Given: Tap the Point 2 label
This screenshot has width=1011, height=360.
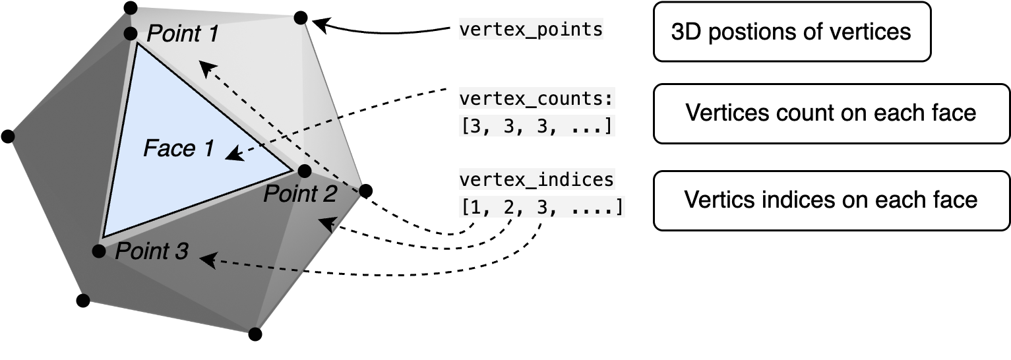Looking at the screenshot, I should point(300,194).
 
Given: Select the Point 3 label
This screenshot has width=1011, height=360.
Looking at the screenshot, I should point(152,251).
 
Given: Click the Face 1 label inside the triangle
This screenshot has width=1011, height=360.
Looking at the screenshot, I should point(179,149).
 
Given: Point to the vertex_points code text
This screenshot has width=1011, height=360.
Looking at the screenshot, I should point(531,30).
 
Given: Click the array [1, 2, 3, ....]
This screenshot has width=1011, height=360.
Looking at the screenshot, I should point(541,207).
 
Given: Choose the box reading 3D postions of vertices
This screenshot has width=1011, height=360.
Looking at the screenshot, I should point(791,32).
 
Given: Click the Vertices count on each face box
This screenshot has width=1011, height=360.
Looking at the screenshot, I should point(831,113).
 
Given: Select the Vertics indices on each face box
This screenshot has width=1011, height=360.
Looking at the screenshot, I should point(831,200).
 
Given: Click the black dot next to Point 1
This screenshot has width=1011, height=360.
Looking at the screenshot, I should point(131,34).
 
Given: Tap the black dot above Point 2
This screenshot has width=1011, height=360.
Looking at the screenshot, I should point(304,171).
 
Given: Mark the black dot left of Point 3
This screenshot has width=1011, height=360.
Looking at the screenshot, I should point(99,251).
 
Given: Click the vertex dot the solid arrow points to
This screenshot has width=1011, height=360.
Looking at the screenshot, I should point(301,17).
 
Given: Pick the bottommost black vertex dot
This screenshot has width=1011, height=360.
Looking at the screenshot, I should point(255,334).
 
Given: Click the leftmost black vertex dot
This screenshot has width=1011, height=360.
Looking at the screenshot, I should point(8,136).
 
